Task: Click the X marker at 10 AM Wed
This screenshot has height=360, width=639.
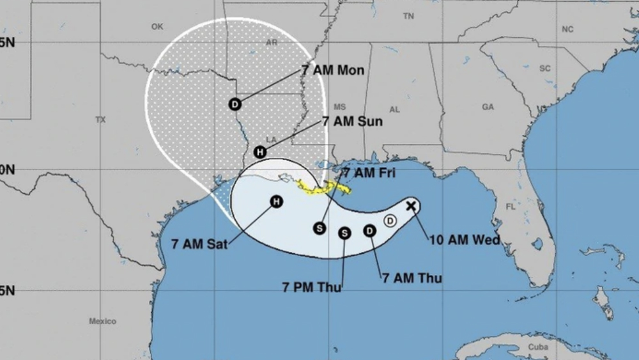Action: (412, 206)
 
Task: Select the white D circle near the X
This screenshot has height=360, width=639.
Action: (390, 221)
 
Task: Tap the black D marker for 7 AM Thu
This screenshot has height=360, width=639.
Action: (369, 231)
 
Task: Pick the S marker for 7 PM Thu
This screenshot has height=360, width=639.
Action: (344, 233)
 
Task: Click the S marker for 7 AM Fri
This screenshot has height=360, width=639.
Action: (319, 228)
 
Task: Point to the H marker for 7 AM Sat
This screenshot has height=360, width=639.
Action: (276, 202)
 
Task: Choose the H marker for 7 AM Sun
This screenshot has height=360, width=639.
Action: (259, 152)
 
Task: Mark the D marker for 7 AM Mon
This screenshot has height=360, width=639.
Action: (235, 104)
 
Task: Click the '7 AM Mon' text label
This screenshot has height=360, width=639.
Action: (332, 70)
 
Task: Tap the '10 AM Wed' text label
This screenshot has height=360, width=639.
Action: (464, 240)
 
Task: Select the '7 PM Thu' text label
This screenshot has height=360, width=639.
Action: (311, 287)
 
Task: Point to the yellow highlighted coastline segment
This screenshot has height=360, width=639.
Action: (326, 188)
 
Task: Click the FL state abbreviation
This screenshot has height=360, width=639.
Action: (511, 207)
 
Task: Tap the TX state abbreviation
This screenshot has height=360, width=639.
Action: (100, 120)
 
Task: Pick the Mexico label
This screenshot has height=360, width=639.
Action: (102, 321)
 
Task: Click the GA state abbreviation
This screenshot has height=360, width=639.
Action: (488, 107)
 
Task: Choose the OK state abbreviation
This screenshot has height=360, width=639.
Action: (157, 27)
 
